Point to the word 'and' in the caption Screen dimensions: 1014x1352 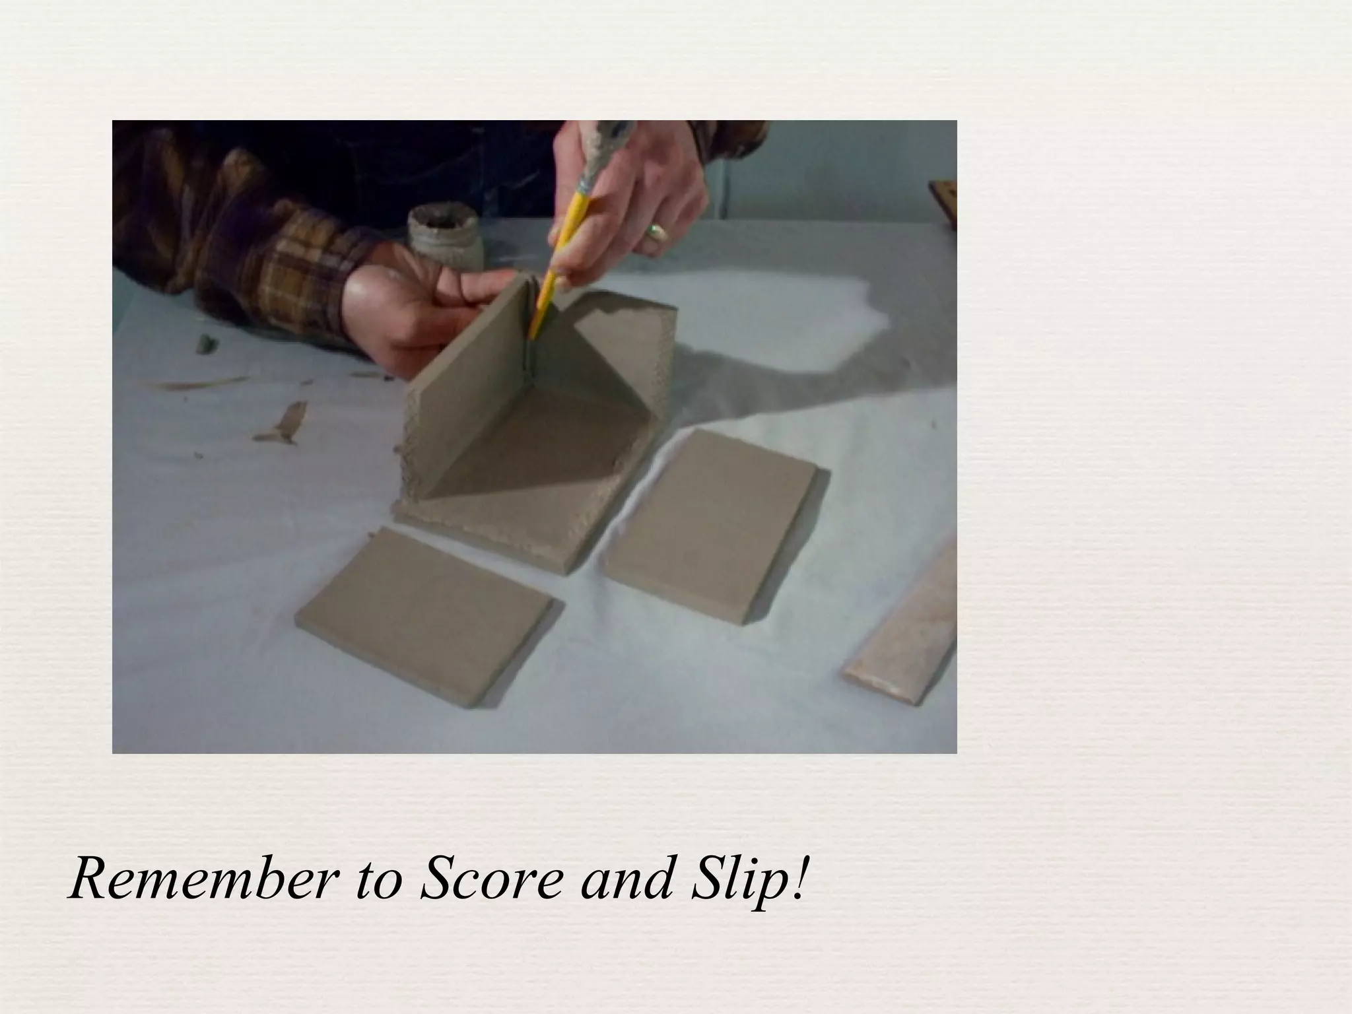click(619, 879)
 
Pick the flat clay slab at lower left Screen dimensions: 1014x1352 click(428, 615)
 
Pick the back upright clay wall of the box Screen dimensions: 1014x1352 click(627, 343)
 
